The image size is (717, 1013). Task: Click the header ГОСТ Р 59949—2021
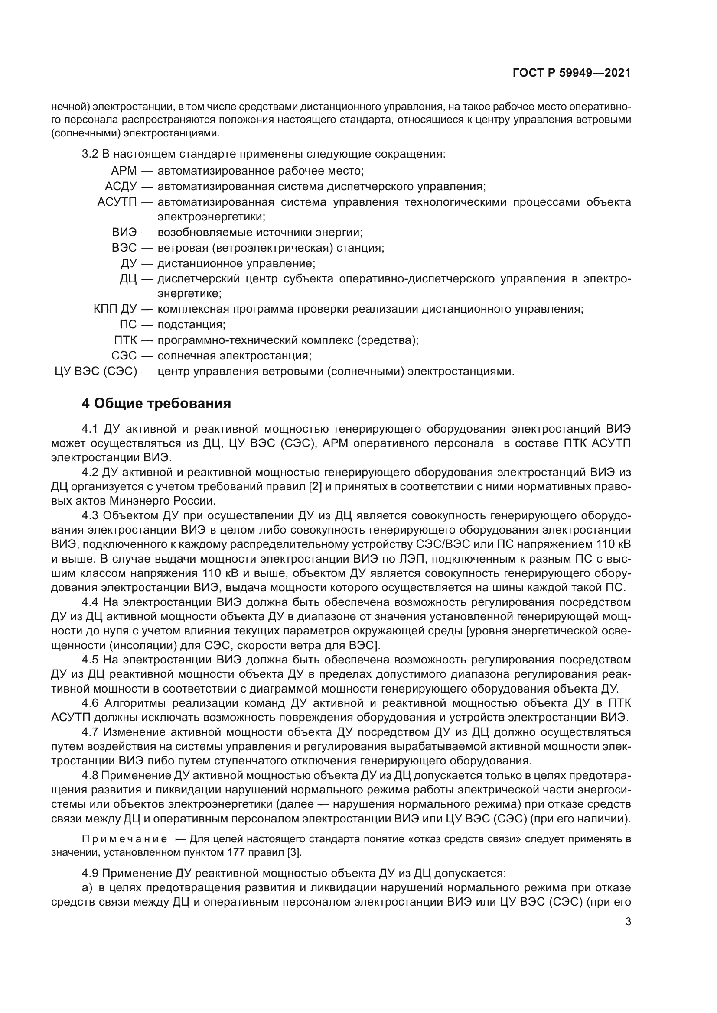pos(571,73)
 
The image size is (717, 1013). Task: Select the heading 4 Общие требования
pos(156,403)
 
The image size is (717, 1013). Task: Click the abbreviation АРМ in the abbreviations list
pos(124,171)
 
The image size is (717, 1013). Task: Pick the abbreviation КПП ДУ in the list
pos(115,309)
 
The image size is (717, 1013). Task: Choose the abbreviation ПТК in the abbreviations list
pos(125,340)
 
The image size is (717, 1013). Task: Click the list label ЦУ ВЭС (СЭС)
pos(96,372)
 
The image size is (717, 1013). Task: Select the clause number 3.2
pos(90,155)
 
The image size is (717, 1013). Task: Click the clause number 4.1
pos(90,429)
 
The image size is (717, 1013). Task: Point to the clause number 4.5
pos(90,660)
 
